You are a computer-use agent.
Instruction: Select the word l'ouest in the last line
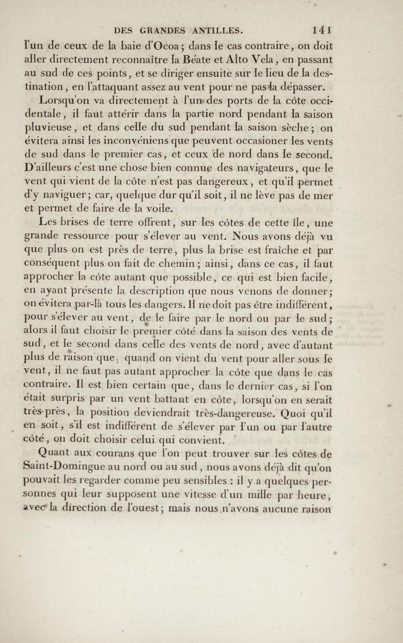coord(143,508)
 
